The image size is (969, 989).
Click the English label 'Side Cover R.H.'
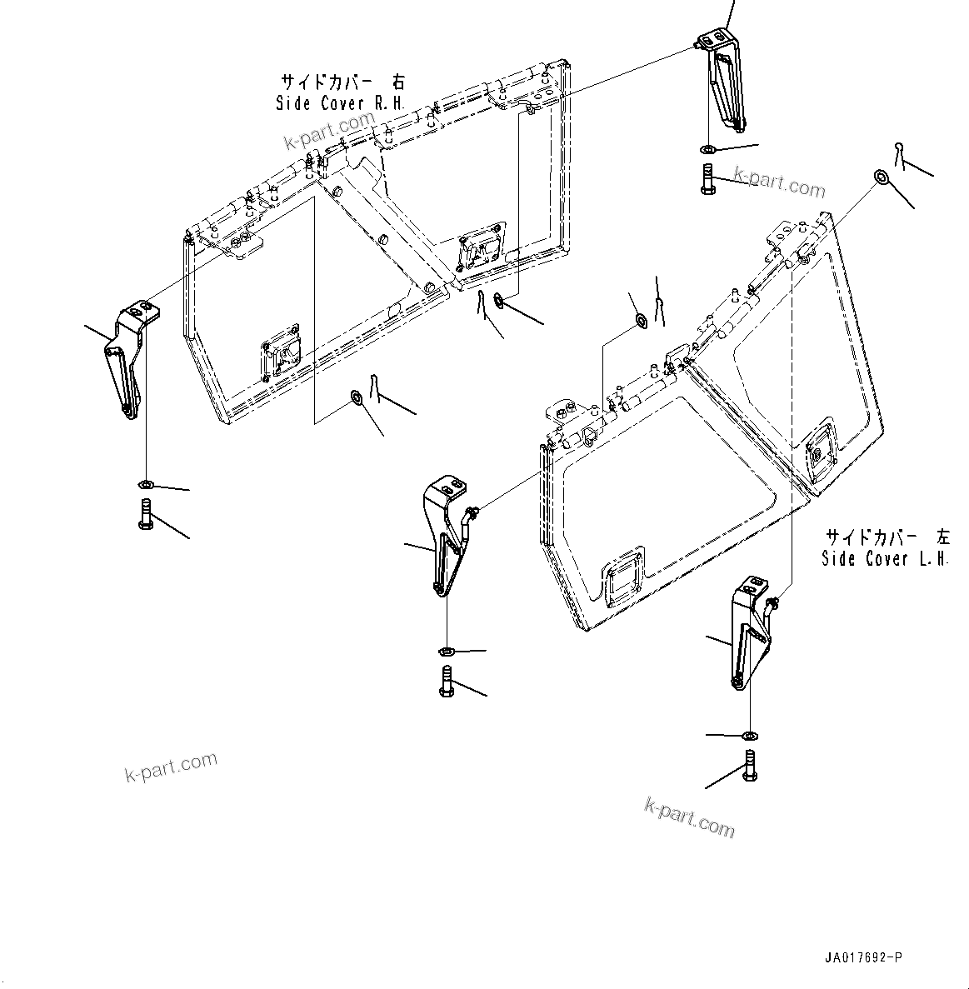[x=340, y=103]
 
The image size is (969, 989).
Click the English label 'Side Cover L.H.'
[x=885, y=558]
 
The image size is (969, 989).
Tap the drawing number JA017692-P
[x=864, y=959]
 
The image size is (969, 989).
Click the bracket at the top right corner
[x=722, y=78]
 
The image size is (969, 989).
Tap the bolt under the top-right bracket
[x=707, y=178]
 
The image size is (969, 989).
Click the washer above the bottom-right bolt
[x=750, y=736]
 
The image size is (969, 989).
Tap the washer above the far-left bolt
[x=144, y=485]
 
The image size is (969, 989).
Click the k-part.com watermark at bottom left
[x=171, y=767]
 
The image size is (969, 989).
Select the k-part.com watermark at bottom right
[x=690, y=817]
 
